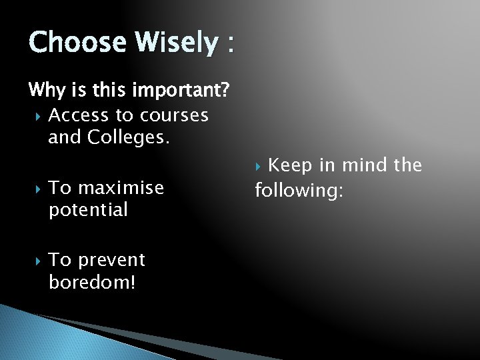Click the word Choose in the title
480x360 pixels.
(77, 43)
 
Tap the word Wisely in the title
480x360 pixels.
(176, 43)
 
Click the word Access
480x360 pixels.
(79, 115)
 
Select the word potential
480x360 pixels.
(88, 211)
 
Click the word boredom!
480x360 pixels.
(92, 282)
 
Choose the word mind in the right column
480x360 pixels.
(363, 165)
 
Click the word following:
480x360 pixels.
(299, 191)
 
